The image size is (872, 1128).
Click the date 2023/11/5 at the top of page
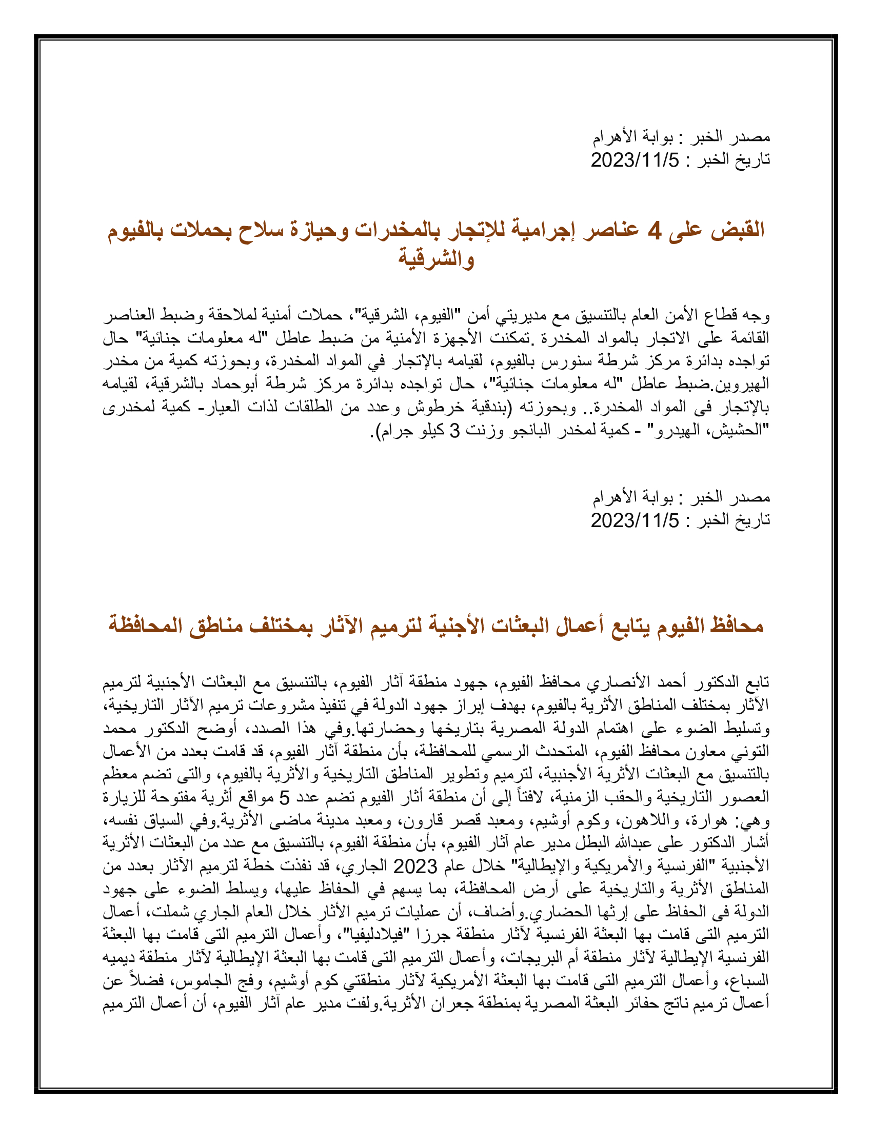[635, 160]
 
